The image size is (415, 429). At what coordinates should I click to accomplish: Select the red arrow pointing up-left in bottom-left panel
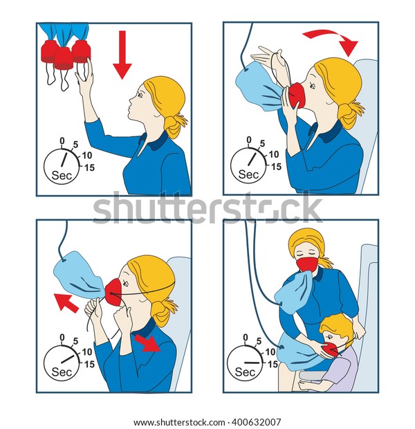point(66,302)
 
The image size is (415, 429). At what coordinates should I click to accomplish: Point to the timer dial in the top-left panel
point(62,166)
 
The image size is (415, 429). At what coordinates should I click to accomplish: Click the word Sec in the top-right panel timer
point(248,174)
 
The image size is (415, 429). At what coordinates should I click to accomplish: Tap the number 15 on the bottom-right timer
point(273,364)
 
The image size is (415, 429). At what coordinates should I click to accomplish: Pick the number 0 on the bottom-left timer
point(62,338)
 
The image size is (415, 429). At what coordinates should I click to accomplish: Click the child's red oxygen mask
point(330,350)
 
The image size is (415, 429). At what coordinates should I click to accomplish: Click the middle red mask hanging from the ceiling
point(64,58)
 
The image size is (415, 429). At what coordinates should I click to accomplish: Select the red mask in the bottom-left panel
point(114,292)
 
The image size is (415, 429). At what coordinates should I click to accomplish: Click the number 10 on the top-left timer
point(87,156)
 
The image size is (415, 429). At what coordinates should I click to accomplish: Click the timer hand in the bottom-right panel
point(252,363)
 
